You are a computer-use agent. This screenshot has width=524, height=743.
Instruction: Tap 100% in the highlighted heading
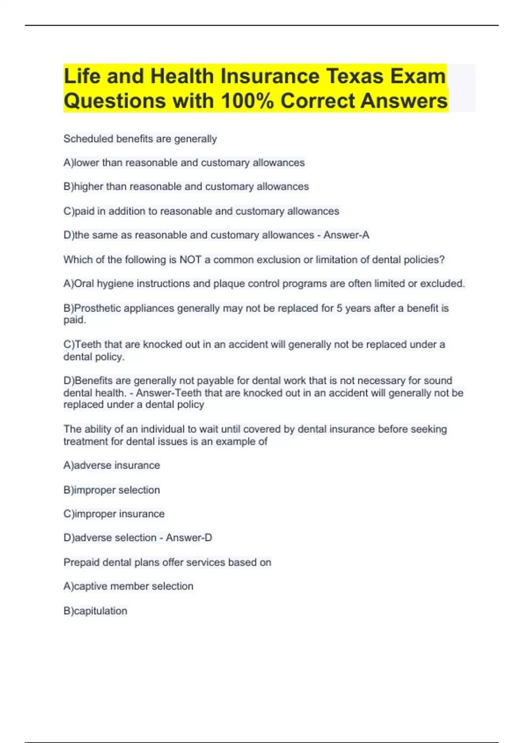247,101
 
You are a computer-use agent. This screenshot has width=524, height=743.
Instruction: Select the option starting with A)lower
184,163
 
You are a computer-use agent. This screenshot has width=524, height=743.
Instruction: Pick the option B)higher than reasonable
186,187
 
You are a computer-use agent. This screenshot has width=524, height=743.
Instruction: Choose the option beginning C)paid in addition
201,211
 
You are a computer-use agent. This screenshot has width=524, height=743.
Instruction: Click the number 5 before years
339,308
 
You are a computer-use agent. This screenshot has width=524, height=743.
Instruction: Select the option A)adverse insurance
112,465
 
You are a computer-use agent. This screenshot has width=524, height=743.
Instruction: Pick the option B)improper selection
112,490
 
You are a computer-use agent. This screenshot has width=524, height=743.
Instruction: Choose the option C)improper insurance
114,514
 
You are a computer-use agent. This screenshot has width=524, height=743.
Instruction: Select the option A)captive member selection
128,586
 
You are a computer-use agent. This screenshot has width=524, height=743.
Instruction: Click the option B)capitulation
95,611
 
